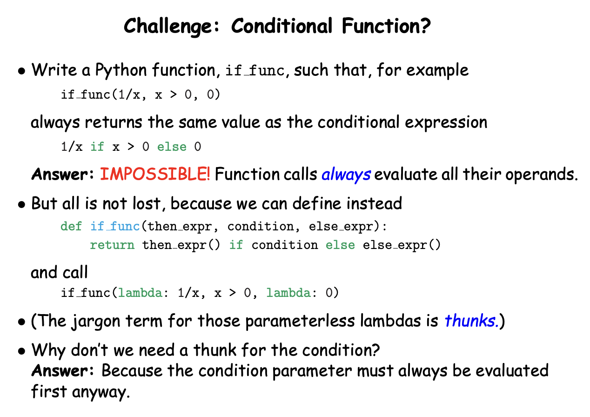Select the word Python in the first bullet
121,70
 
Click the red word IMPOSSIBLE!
155,174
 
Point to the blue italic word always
346,175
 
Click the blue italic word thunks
471,321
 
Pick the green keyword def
71,226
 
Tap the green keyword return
112,245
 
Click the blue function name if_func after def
115,226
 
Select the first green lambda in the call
140,293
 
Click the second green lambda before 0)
288,293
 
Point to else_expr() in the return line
402,245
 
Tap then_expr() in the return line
181,245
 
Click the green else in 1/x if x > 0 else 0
172,147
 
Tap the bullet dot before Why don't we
21,351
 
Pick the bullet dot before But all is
21,204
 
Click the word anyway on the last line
101,392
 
